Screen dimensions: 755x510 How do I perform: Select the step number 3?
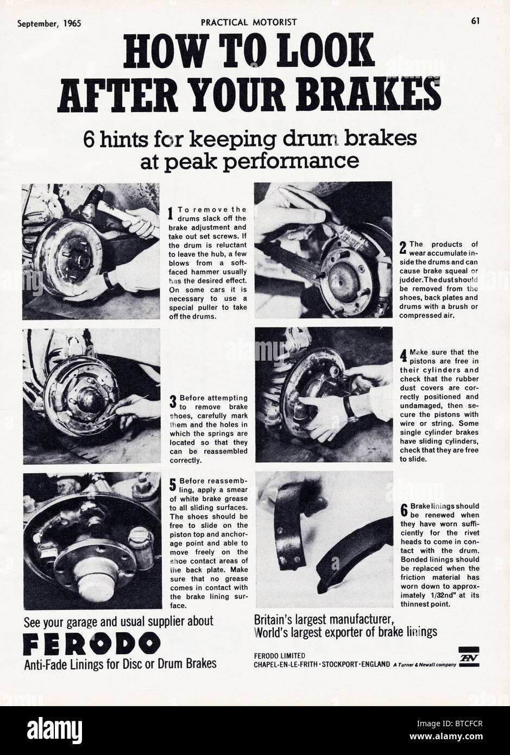tap(173, 402)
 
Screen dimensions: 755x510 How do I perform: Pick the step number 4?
tap(402, 356)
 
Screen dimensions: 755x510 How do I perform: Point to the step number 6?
tap(404, 510)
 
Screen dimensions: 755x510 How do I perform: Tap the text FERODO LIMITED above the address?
tap(279, 655)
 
